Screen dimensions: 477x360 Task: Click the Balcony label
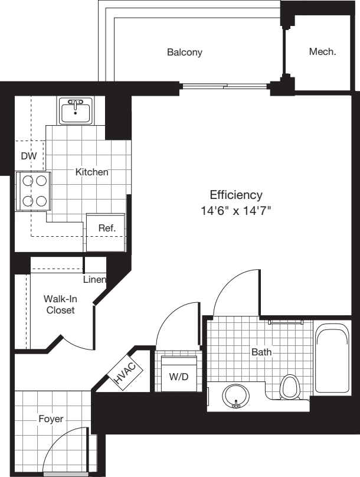coord(184,52)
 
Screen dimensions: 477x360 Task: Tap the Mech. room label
coord(322,52)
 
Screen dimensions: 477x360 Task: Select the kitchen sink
coord(76,110)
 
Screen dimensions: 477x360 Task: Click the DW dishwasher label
coord(28,156)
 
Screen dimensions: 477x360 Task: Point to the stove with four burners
coord(34,191)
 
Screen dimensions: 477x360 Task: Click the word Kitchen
coord(91,172)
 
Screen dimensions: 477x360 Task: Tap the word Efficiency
coord(236,195)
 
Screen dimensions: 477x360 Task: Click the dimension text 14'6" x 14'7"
coord(236,211)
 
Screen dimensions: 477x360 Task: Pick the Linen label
coord(94,279)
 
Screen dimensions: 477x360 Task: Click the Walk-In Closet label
coord(60,304)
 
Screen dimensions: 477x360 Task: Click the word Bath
coord(261,352)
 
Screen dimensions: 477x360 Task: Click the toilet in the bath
coord(289,387)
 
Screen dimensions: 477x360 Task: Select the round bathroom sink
coord(236,396)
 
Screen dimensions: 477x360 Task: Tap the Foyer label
coord(51,419)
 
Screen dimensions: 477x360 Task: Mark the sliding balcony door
coord(224,87)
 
